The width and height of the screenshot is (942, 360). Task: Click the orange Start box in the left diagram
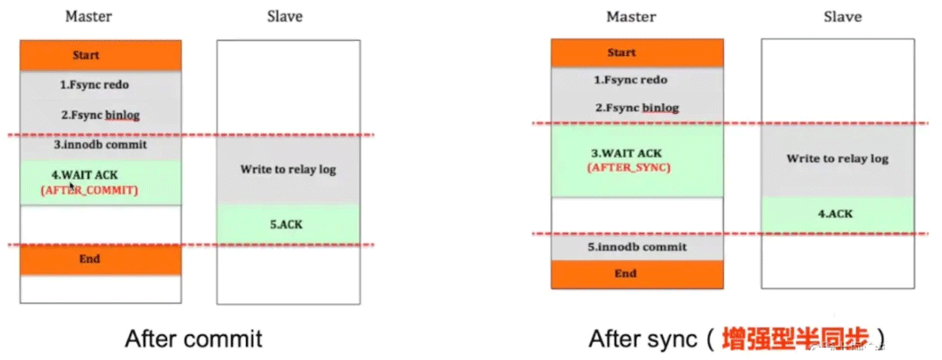[100, 56]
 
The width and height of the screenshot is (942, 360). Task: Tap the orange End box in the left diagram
[100, 259]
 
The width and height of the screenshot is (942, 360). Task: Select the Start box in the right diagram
[636, 53]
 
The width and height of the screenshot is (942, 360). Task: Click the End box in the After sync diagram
[636, 274]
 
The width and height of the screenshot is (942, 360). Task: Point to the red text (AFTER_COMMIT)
[89, 190]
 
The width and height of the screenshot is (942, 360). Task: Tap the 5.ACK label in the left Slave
[287, 223]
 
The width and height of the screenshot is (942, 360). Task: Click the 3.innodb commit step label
[101, 145]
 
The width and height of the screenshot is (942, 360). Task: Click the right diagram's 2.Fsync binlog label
[636, 108]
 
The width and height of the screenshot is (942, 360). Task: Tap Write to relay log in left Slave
[287, 169]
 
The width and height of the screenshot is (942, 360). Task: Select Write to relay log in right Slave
[837, 159]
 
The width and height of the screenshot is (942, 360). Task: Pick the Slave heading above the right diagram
[842, 17]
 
